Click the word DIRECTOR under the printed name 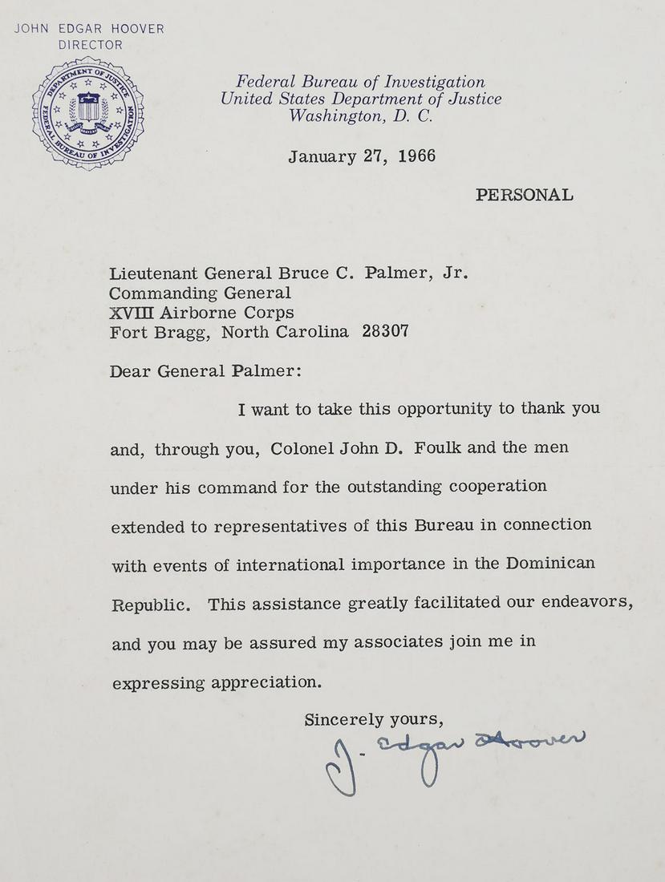[90, 45]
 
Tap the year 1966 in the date [411, 156]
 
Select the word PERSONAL [524, 195]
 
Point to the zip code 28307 [385, 331]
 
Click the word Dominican [549, 563]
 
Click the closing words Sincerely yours [374, 719]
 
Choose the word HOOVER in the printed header [137, 29]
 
